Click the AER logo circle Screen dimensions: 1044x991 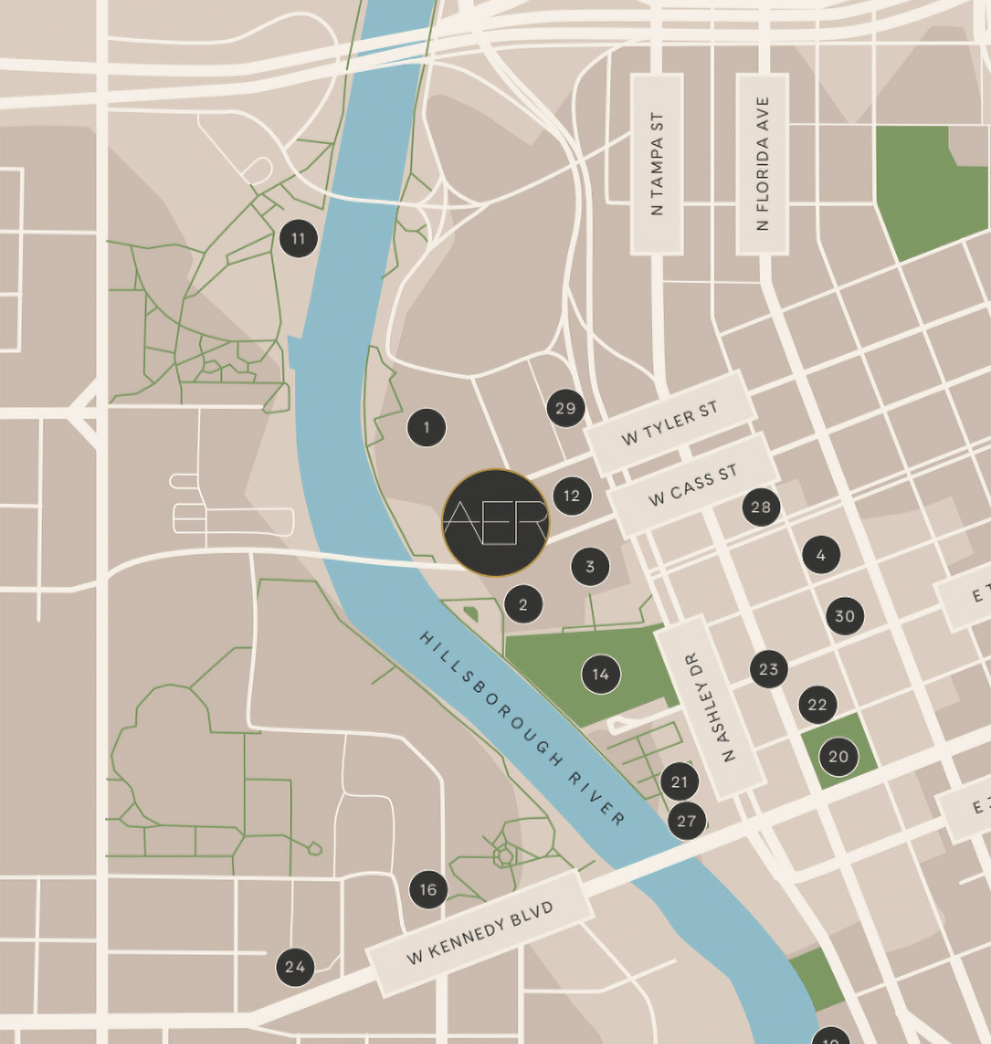pyautogui.click(x=496, y=523)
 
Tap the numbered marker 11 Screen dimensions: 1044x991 pyautogui.click(x=298, y=239)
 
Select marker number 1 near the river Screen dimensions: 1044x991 pyautogui.click(x=427, y=428)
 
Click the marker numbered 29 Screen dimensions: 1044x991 pyautogui.click(x=566, y=408)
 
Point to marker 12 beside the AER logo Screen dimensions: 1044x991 pyautogui.click(x=572, y=496)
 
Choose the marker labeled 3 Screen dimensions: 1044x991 pyautogui.click(x=590, y=566)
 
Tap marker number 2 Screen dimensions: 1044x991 pyautogui.click(x=524, y=604)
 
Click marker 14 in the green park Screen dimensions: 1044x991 pyautogui.click(x=601, y=675)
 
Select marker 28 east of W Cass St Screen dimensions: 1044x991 pyautogui.click(x=761, y=507)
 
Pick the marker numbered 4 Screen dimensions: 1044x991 pyautogui.click(x=821, y=555)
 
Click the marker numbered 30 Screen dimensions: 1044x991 pyautogui.click(x=845, y=616)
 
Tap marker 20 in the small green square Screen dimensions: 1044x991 pyautogui.click(x=838, y=757)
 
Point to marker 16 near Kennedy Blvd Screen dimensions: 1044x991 pyautogui.click(x=428, y=890)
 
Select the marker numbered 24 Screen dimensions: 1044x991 pyautogui.click(x=295, y=966)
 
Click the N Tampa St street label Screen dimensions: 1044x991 pyautogui.click(x=657, y=164)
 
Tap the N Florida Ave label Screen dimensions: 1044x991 pyautogui.click(x=762, y=164)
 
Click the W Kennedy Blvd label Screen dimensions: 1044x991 pyautogui.click(x=480, y=933)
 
